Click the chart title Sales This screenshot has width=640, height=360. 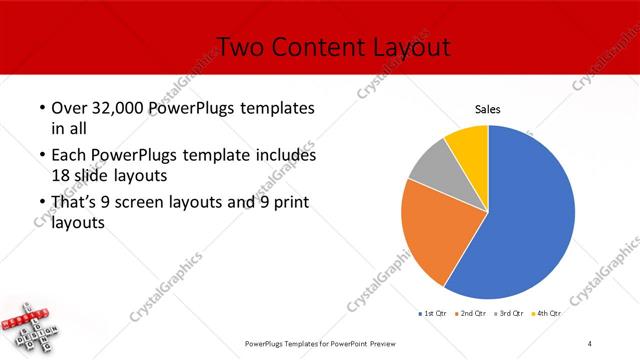[x=487, y=109]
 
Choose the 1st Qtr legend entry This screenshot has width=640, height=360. [x=433, y=314]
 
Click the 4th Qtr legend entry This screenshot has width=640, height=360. [x=549, y=314]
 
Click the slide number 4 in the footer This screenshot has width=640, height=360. [x=590, y=344]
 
